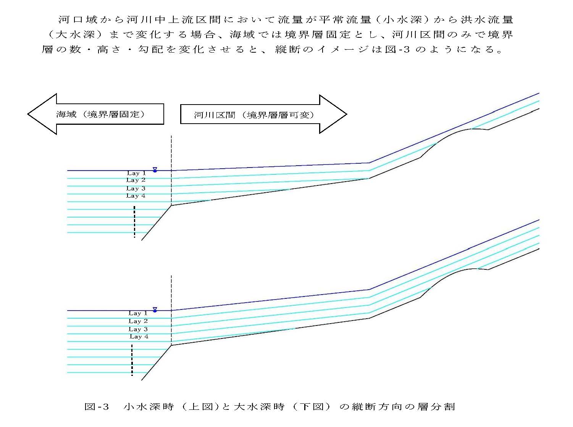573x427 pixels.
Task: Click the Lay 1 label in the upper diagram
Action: click(136, 173)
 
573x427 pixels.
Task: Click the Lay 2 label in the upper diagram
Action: click(136, 180)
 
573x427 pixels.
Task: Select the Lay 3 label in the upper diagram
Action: click(136, 189)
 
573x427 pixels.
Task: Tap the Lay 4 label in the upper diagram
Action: click(136, 196)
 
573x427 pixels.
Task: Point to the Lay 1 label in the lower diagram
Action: click(138, 313)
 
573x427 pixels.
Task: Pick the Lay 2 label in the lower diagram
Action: click(138, 321)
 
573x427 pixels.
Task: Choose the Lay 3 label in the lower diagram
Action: click(138, 329)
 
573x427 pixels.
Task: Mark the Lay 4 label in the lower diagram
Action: click(139, 337)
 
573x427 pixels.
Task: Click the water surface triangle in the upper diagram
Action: click(155, 169)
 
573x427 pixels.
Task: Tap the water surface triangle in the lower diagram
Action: click(155, 309)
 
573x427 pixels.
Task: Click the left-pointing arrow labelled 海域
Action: click(95, 114)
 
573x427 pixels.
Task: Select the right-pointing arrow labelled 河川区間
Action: click(263, 114)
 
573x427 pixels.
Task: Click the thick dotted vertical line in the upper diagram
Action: click(134, 222)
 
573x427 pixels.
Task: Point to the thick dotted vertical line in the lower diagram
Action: click(132, 360)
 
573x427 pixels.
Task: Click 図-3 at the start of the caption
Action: click(97, 407)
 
